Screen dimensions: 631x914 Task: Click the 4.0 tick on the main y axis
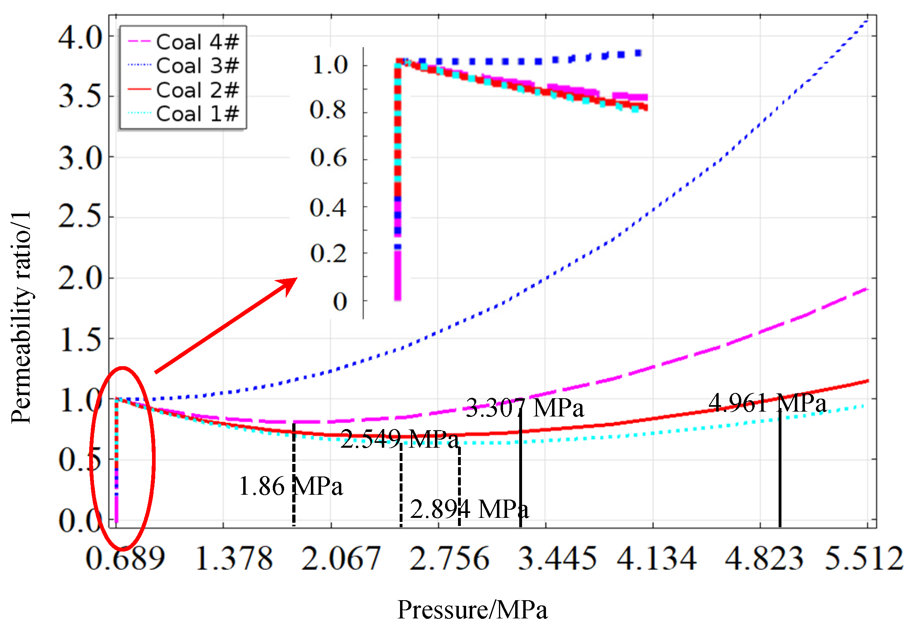click(80, 38)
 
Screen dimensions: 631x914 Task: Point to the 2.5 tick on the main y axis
click(80, 217)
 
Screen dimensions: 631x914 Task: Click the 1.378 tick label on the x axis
click(234, 559)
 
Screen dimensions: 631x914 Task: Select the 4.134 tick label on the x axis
click(657, 559)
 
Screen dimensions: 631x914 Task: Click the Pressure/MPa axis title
click(472, 610)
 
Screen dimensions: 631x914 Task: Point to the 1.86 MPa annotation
click(291, 486)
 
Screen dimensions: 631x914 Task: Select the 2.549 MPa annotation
click(400, 439)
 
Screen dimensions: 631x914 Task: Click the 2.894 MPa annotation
click(469, 509)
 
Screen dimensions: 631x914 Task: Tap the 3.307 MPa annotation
click(525, 408)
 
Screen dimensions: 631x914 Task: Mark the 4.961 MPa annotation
click(767, 403)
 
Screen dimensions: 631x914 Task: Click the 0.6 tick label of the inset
click(328, 158)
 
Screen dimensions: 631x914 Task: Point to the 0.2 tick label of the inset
click(328, 254)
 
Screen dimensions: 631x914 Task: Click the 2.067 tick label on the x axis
click(340, 559)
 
